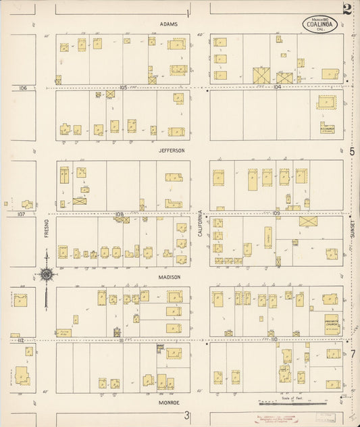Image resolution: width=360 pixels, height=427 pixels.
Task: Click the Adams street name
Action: pyautogui.click(x=169, y=24)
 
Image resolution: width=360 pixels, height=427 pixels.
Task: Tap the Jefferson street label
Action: pyautogui.click(x=172, y=151)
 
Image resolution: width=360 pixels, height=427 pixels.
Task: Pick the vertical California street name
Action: pyautogui.click(x=200, y=222)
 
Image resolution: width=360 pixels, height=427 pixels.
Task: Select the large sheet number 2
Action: pyautogui.click(x=347, y=9)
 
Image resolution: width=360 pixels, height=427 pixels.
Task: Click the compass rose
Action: pyautogui.click(x=46, y=274)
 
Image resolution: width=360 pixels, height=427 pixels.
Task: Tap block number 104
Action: pyautogui.click(x=277, y=87)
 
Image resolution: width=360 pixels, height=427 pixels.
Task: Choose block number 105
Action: pyautogui.click(x=123, y=87)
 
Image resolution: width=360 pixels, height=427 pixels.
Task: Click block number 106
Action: pyautogui.click(x=23, y=88)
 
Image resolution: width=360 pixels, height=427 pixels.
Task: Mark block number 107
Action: pyautogui.click(x=21, y=214)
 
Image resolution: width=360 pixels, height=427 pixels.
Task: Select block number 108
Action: pyautogui.click(x=120, y=214)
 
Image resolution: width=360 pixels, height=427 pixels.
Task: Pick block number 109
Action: pyautogui.click(x=276, y=214)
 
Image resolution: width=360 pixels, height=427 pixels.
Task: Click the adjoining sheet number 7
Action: pyautogui.click(x=352, y=353)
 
